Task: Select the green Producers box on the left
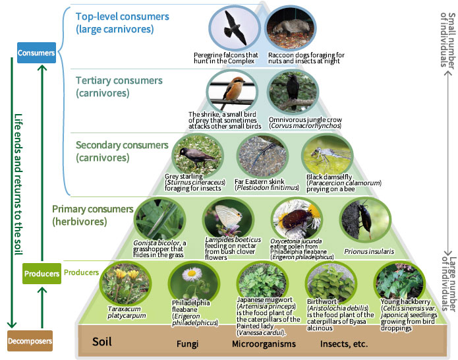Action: point(42,273)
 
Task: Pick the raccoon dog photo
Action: point(290,26)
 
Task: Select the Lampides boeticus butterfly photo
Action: point(224,219)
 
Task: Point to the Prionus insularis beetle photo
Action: point(360,220)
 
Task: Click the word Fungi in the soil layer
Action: point(187,344)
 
